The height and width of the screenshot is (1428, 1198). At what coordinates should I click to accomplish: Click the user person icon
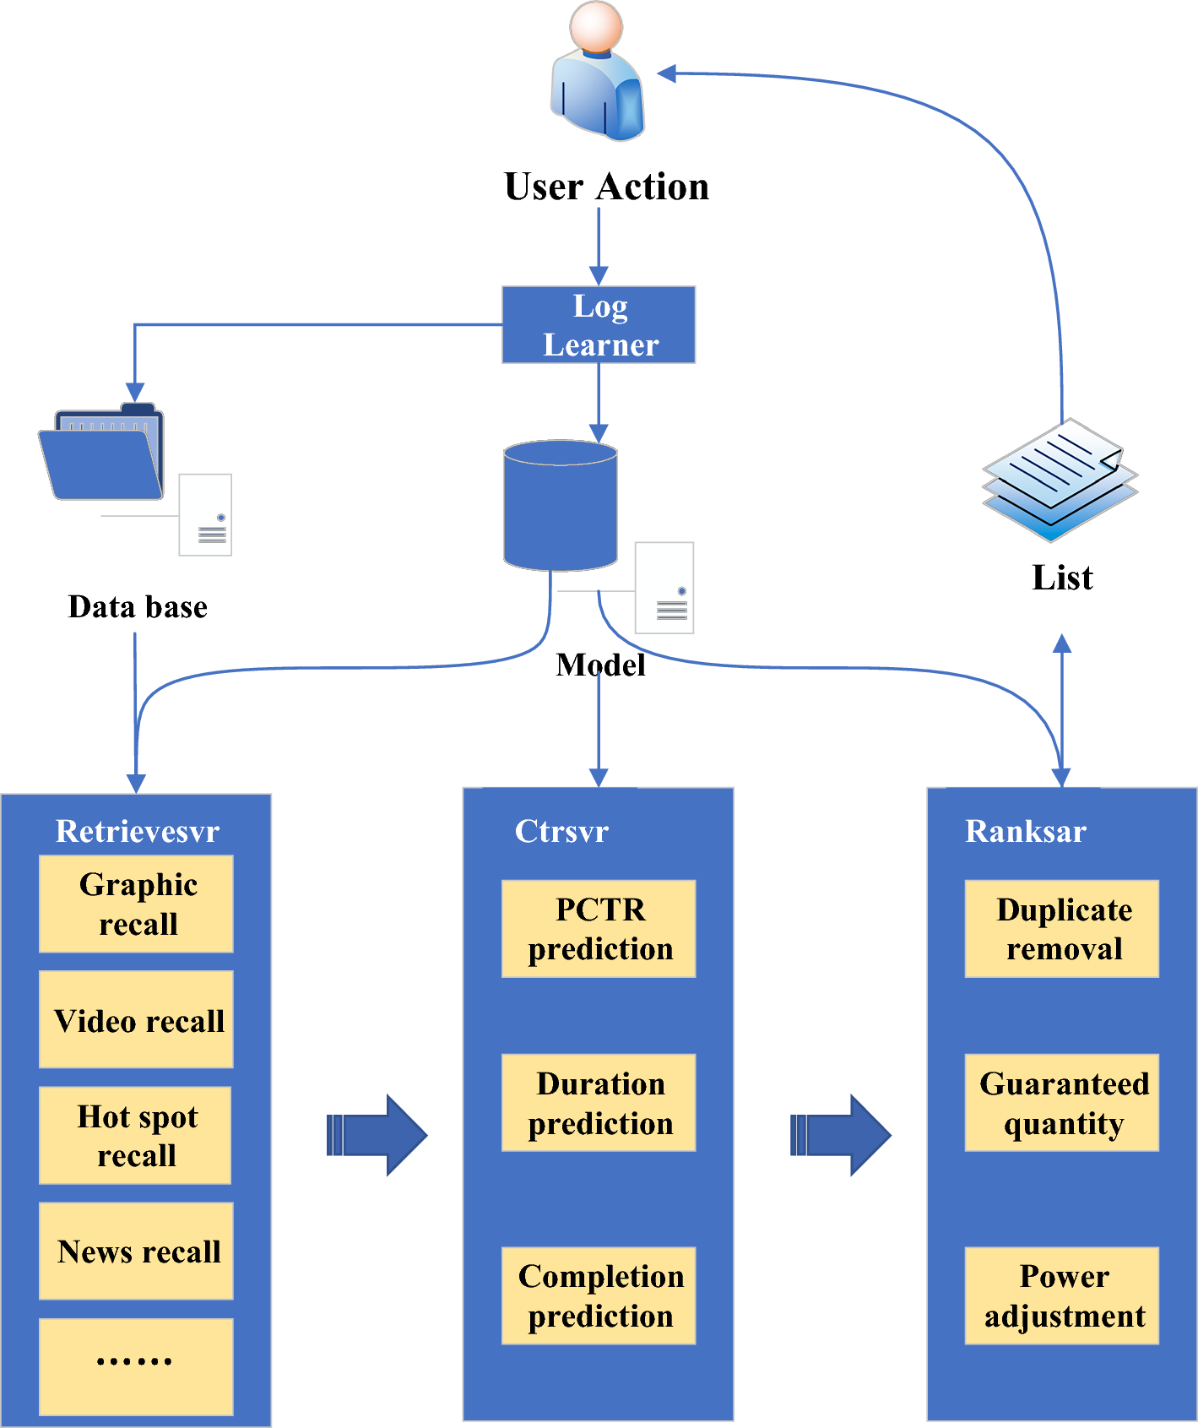coord(598,72)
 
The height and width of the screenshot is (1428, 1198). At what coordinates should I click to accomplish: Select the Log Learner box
coord(599,325)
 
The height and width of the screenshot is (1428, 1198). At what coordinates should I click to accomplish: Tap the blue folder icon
coord(101,454)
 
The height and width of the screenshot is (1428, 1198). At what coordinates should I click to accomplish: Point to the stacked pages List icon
coord(1060,479)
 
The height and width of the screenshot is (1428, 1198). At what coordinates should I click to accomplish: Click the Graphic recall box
coord(137,904)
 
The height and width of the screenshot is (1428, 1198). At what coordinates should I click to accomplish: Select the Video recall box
coord(137,1019)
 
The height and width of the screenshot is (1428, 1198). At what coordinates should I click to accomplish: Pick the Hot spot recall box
coord(136,1135)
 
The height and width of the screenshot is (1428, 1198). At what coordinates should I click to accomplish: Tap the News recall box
coord(137,1251)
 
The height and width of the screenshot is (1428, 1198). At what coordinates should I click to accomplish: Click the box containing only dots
coord(137,1366)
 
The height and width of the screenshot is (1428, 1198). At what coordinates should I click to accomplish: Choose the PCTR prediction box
coord(599,929)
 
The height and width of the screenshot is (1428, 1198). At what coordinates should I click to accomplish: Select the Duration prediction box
coord(599,1102)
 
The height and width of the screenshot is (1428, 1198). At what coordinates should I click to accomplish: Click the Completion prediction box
coord(599,1295)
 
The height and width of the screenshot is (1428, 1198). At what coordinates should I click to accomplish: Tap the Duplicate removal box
coord(1062,929)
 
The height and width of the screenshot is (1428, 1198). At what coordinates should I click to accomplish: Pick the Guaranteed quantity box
coord(1062,1102)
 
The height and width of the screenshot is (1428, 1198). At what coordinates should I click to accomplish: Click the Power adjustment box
coord(1062,1295)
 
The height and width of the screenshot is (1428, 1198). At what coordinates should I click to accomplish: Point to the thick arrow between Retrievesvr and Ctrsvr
coord(377,1135)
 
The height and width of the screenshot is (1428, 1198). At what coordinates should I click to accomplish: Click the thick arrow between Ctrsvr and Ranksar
coord(840,1135)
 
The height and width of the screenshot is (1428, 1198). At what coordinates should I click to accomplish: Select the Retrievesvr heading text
coord(138,831)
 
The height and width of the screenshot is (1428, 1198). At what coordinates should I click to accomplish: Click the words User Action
coord(606,187)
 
